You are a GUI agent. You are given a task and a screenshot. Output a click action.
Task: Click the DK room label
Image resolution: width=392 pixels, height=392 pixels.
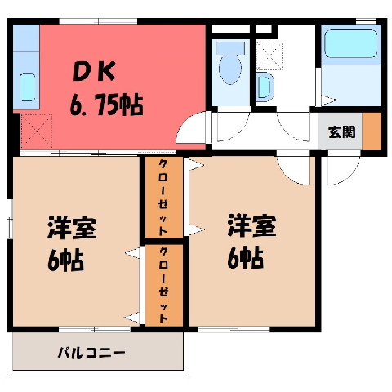(95, 71)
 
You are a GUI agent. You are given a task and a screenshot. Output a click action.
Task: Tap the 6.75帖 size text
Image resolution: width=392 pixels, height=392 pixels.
(106, 105)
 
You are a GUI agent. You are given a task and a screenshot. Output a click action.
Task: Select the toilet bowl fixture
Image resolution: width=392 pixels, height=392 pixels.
(230, 64)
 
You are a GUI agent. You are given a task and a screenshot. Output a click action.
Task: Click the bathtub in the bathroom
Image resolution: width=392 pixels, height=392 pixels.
(351, 44)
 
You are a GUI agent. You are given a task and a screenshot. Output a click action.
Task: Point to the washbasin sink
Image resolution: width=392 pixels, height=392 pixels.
(265, 87)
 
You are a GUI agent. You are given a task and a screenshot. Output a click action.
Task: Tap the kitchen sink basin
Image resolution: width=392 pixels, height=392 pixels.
(27, 87)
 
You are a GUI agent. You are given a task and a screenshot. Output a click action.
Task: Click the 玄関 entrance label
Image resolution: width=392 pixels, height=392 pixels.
(342, 132)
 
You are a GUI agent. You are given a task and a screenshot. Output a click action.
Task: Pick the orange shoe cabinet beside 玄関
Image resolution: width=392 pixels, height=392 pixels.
(372, 131)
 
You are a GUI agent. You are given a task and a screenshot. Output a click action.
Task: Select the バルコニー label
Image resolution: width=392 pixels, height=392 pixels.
(91, 353)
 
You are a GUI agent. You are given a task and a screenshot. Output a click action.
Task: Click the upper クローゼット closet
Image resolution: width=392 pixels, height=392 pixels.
(163, 198)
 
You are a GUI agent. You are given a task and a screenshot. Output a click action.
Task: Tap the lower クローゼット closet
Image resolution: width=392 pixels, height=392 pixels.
(163, 285)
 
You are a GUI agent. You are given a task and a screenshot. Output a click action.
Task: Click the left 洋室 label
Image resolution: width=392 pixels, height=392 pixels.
(72, 228)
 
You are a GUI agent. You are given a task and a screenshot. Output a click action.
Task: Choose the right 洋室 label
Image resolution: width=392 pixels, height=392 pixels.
(252, 225)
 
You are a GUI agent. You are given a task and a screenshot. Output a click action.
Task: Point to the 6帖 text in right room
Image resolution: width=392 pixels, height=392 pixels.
(246, 258)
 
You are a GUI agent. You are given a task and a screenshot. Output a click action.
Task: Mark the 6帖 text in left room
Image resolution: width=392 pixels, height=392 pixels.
(65, 260)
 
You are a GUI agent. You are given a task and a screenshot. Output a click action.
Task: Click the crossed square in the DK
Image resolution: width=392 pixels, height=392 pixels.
(37, 131)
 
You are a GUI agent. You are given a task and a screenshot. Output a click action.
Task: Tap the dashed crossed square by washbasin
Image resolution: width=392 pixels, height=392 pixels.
(269, 56)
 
